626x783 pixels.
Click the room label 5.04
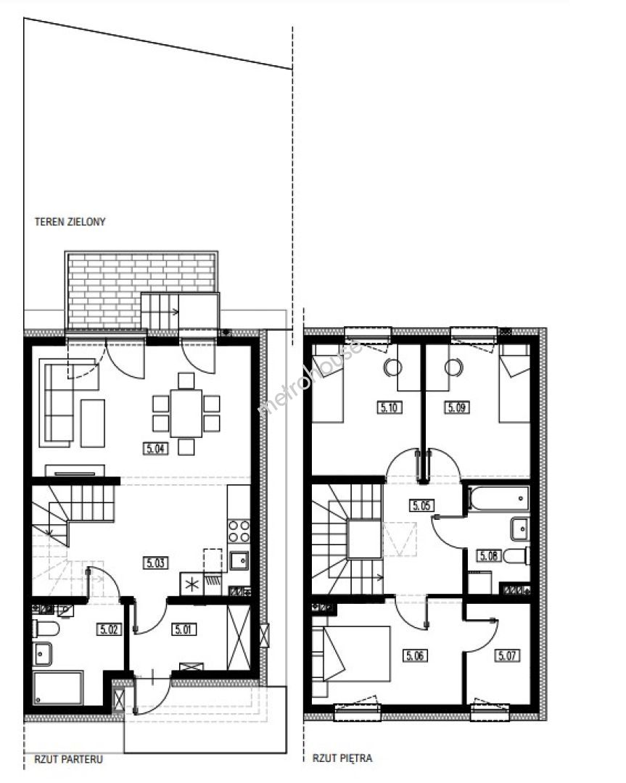tap(155, 449)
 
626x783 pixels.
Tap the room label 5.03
tap(155, 563)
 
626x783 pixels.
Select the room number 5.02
tap(108, 629)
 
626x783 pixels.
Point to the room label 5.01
tap(183, 629)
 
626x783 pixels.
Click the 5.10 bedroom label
tap(389, 407)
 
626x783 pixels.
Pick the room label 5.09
tap(456, 407)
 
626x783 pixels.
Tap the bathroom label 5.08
tap(489, 555)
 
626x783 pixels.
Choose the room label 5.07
tap(507, 655)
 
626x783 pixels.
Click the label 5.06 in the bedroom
tap(415, 655)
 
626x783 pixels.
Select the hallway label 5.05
tap(421, 505)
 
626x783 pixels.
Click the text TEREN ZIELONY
tap(70, 222)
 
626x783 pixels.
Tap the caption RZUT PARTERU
tap(68, 760)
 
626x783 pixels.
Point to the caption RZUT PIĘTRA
tap(342, 758)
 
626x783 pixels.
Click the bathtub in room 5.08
tap(498, 498)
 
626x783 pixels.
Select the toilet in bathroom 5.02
tap(46, 628)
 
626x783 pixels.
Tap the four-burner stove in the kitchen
tap(239, 531)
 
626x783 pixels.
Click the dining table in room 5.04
tap(186, 413)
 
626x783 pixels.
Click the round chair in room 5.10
tap(392, 368)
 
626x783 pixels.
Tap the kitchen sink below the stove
tap(239, 560)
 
